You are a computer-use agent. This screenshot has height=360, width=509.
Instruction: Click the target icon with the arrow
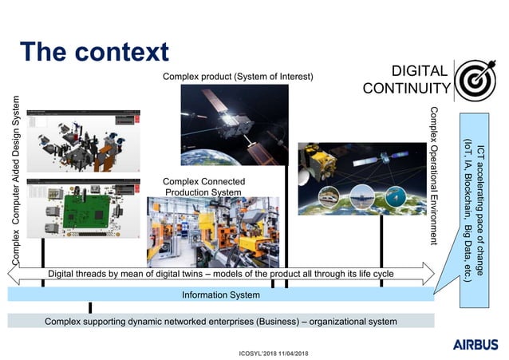(x=476, y=81)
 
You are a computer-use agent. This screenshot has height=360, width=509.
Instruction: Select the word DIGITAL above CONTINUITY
(x=420, y=70)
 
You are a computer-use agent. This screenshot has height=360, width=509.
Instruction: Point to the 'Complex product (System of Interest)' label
(x=238, y=77)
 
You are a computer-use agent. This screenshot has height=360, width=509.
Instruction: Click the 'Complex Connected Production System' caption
(x=203, y=187)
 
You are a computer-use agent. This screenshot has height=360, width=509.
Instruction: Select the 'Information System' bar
(x=221, y=295)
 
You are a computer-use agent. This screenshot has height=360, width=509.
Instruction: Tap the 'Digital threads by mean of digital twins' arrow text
(x=221, y=275)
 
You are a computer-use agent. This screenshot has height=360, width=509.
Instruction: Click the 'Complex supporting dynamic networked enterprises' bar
(x=221, y=321)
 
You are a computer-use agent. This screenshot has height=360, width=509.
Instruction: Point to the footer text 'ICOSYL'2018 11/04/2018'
(x=274, y=352)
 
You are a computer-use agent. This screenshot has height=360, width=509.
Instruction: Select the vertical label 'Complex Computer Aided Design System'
(x=15, y=180)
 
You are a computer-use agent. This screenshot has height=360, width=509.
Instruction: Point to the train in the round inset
(x=329, y=196)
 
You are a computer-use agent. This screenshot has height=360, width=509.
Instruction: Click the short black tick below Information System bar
(x=90, y=307)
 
